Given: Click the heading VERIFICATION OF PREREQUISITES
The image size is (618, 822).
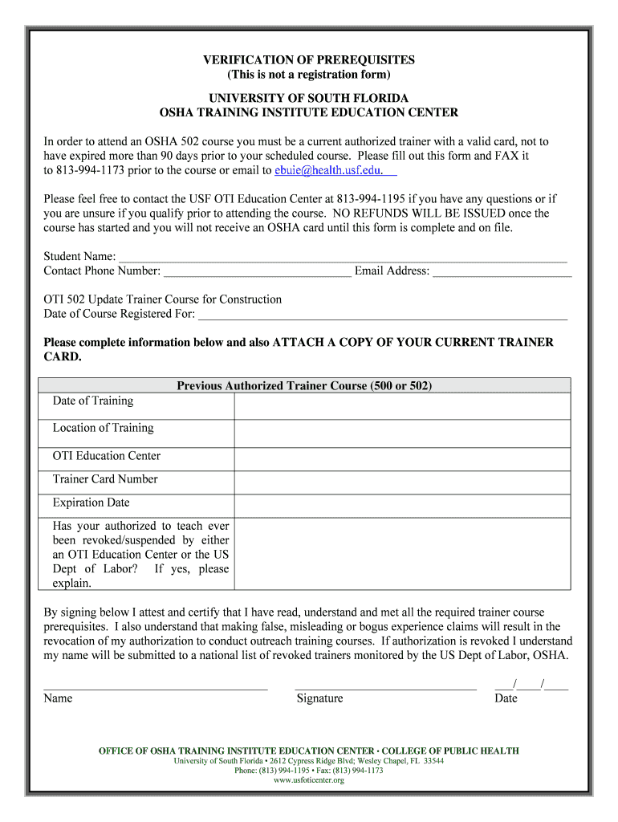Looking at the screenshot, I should pos(308,60).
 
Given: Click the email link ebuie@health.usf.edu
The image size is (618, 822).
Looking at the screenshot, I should pos(335,170).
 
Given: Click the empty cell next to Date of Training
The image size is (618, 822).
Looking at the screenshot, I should pos(402,406).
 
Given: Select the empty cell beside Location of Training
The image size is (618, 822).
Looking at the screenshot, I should pos(402,433).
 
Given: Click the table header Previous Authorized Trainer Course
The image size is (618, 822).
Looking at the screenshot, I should pos(304,386).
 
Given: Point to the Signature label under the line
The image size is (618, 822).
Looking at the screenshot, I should pos(319,698).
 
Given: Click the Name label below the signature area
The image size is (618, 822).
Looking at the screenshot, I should pos(58,698).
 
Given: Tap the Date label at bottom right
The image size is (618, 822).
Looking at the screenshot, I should pos(506,698).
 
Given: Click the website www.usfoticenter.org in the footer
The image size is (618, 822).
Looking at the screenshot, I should pos(308,780).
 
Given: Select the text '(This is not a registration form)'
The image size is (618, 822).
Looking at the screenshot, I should pos(308,75).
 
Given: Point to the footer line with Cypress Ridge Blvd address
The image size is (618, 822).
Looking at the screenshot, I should pos(308,761).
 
